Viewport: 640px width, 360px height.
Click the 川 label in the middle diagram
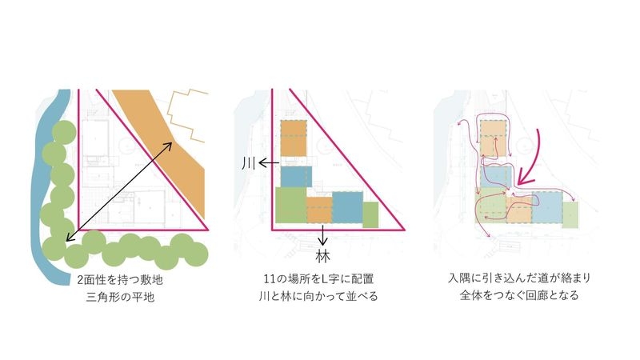[x=249, y=164]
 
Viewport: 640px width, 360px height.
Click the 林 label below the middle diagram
[x=322, y=257]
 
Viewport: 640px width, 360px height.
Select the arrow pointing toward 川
[x=269, y=164]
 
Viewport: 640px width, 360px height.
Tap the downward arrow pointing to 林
[x=323, y=235]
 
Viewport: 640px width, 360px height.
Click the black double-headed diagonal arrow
[x=118, y=192]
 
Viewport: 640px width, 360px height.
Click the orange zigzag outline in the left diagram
[x=188, y=116]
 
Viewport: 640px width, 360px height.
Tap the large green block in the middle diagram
[x=291, y=205]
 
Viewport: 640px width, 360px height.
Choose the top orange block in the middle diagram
[x=294, y=138]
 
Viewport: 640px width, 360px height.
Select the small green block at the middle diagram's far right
[x=370, y=214]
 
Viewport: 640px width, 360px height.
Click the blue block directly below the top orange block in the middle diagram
[x=296, y=177]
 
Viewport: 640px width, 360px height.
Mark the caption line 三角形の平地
[x=120, y=297]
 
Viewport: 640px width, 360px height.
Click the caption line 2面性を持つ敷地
[x=120, y=279]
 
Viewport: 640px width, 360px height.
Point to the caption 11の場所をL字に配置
[x=318, y=279]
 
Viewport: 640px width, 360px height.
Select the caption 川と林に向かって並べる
[x=318, y=296]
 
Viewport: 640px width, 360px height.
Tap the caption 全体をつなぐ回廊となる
[x=519, y=295]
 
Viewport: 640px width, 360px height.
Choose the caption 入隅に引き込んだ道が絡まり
[x=519, y=278]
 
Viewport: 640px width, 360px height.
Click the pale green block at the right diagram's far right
[x=570, y=214]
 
